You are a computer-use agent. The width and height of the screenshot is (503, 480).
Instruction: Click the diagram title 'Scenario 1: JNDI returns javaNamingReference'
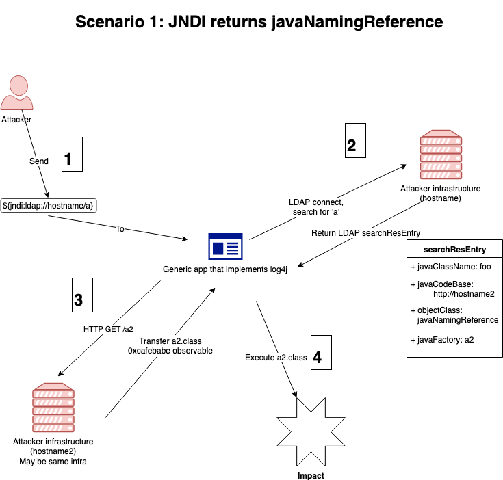259,22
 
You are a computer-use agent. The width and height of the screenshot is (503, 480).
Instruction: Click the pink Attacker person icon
16,94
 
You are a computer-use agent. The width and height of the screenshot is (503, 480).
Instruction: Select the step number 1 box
73,154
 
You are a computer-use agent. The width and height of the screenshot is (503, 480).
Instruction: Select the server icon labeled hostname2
53,408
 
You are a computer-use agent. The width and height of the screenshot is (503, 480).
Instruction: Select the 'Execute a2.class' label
276,358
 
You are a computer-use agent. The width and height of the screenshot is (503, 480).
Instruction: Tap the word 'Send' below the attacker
39,161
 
